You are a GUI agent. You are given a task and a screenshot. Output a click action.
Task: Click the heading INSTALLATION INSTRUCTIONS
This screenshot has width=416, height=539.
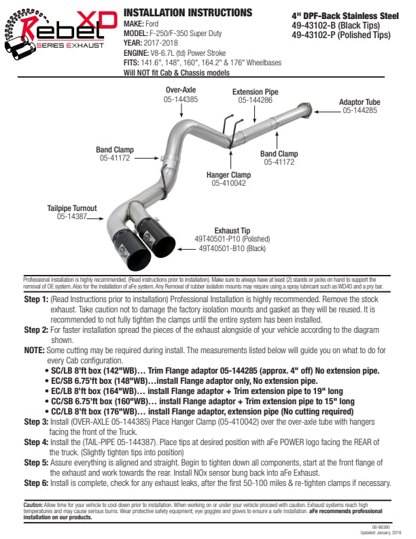(x=188, y=13)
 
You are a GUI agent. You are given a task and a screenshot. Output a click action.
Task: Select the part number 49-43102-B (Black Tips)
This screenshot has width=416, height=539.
(x=336, y=25)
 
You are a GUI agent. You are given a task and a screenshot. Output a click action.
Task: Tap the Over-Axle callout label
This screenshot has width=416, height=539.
(x=181, y=90)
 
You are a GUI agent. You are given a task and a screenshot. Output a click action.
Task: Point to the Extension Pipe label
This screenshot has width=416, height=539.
(x=255, y=92)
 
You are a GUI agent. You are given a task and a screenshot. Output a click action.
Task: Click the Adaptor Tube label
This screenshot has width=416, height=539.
(x=360, y=102)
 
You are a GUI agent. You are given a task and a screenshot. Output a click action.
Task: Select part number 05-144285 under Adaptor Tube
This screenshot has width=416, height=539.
(x=360, y=110)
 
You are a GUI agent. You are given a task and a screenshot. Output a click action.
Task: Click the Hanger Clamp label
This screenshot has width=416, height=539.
(x=228, y=175)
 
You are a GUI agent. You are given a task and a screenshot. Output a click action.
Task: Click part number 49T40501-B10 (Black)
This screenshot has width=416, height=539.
(x=232, y=248)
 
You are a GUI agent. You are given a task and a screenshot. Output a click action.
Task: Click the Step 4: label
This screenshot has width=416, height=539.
(x=36, y=441)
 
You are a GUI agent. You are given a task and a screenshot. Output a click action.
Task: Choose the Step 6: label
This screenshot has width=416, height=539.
(x=36, y=483)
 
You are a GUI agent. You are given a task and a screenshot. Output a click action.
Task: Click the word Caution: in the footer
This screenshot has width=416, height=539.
(x=33, y=506)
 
